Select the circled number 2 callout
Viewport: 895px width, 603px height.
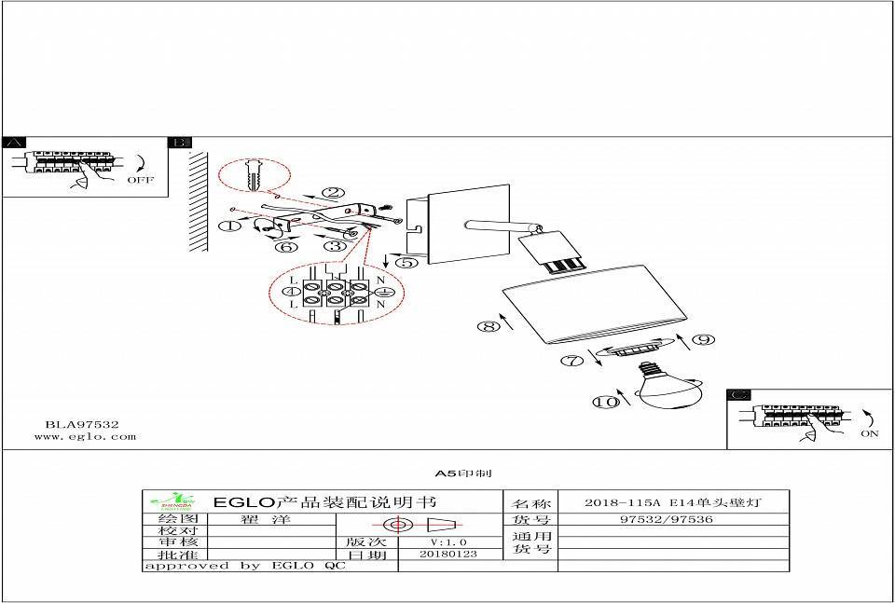[x=331, y=194]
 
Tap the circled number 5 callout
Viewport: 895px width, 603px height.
[x=406, y=263]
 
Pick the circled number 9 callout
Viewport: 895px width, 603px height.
[x=703, y=340]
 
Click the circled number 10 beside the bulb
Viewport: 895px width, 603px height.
[x=605, y=402]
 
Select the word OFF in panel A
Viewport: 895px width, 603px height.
[x=141, y=180]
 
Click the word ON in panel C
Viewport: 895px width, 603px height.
[x=869, y=433]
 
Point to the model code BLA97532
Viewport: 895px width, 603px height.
[x=81, y=424]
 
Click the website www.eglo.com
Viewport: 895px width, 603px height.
[x=85, y=436]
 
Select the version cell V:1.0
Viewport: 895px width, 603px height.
[x=448, y=541]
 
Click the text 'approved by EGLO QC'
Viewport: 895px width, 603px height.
[x=244, y=566]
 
